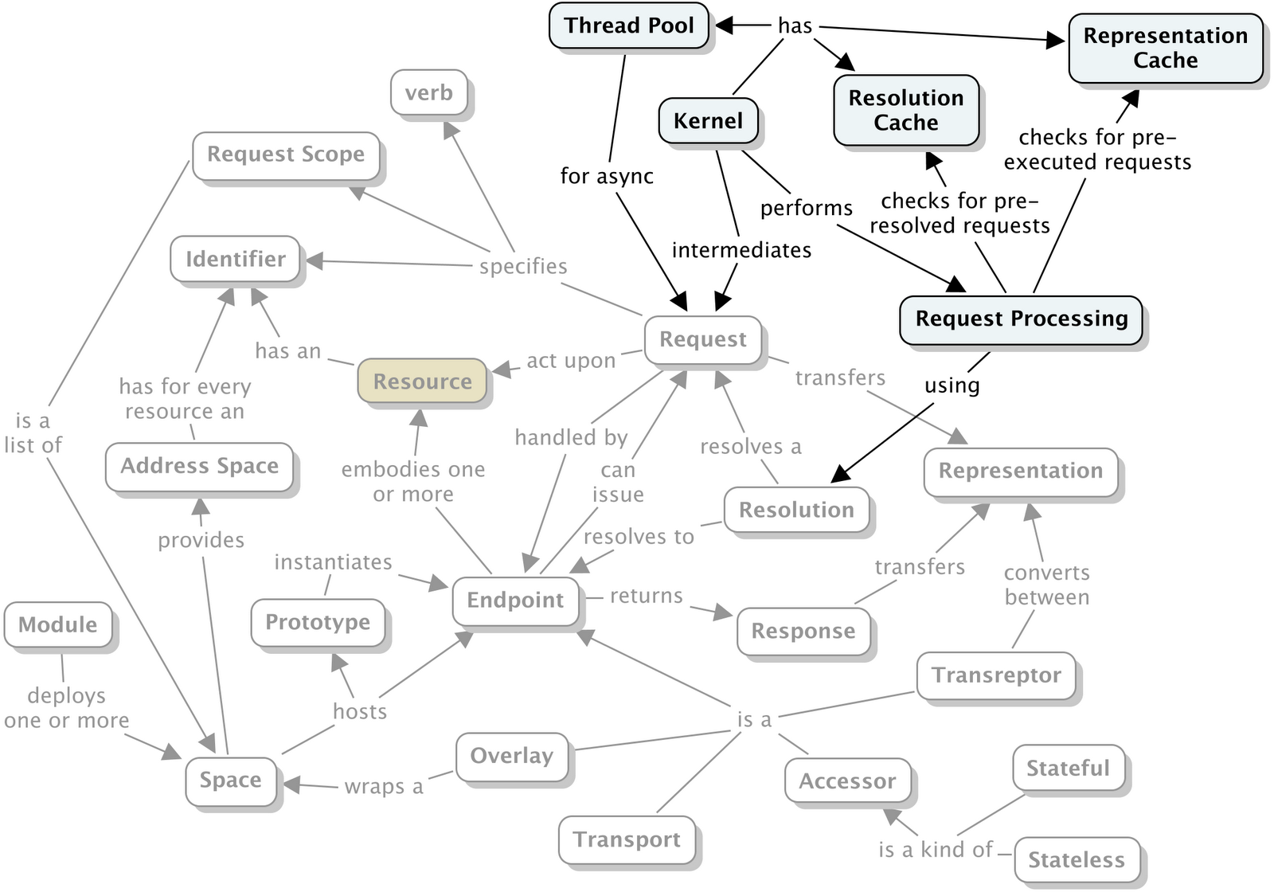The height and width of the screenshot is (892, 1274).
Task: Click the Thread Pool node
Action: click(x=628, y=25)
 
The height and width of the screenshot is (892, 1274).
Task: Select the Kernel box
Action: click(x=708, y=120)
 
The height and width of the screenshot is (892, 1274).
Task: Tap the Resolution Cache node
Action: click(x=906, y=111)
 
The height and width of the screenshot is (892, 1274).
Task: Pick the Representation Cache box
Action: click(x=1166, y=49)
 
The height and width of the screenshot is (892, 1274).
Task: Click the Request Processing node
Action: click(x=1021, y=320)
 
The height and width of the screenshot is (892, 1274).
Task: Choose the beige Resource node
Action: click(x=422, y=381)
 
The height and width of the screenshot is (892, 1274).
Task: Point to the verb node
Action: click(x=429, y=92)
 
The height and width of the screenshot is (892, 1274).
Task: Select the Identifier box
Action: click(x=236, y=260)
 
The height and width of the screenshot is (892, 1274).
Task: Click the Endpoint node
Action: click(x=515, y=601)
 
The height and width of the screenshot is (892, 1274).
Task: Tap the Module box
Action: click(x=58, y=624)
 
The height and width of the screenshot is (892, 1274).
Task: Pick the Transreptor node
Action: click(x=996, y=676)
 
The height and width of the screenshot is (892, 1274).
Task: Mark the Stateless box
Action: click(x=1077, y=859)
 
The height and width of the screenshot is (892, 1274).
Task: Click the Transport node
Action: click(x=627, y=839)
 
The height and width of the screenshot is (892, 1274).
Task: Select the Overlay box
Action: click(x=512, y=757)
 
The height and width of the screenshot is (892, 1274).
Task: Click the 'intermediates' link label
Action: click(x=741, y=250)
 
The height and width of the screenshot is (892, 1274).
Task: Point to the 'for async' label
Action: click(x=607, y=176)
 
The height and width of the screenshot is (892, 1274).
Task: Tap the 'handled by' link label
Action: click(x=571, y=437)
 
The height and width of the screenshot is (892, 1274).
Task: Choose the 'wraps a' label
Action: click(x=384, y=787)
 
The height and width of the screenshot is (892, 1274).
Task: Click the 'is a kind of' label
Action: click(x=936, y=849)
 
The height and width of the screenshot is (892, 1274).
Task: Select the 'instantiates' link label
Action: click(x=334, y=562)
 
